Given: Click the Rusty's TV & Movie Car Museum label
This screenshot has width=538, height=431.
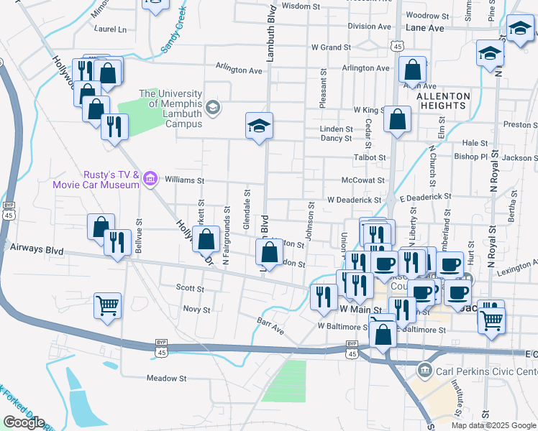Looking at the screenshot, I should [x=95, y=179].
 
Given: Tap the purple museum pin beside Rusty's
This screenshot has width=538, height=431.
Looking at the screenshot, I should [x=150, y=178].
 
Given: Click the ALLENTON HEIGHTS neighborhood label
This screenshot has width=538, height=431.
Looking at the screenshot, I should [x=443, y=101].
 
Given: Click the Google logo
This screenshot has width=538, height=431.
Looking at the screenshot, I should [x=24, y=422].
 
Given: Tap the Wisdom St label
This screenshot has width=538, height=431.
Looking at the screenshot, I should [x=301, y=6].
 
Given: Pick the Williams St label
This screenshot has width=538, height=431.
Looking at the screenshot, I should [x=186, y=180].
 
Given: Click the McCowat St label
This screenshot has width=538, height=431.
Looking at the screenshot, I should [x=363, y=180].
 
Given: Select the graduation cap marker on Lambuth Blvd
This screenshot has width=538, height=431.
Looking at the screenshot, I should [x=259, y=126].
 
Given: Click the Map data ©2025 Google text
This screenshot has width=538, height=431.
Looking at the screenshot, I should [x=493, y=425].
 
